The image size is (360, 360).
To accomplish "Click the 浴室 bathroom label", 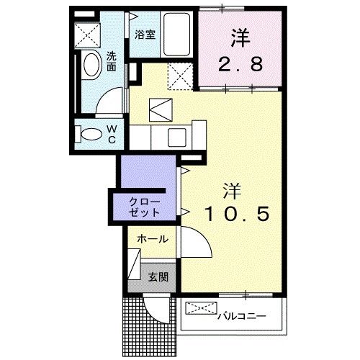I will pos(145,34).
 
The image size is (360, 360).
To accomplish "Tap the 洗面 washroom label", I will pos(113,60).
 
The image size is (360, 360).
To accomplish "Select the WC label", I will pos(112,134).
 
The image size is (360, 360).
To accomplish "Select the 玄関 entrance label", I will pos(158,276).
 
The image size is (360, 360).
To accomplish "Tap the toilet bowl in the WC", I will pos(92,135).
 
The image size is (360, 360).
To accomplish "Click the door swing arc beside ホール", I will pos(196,245).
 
